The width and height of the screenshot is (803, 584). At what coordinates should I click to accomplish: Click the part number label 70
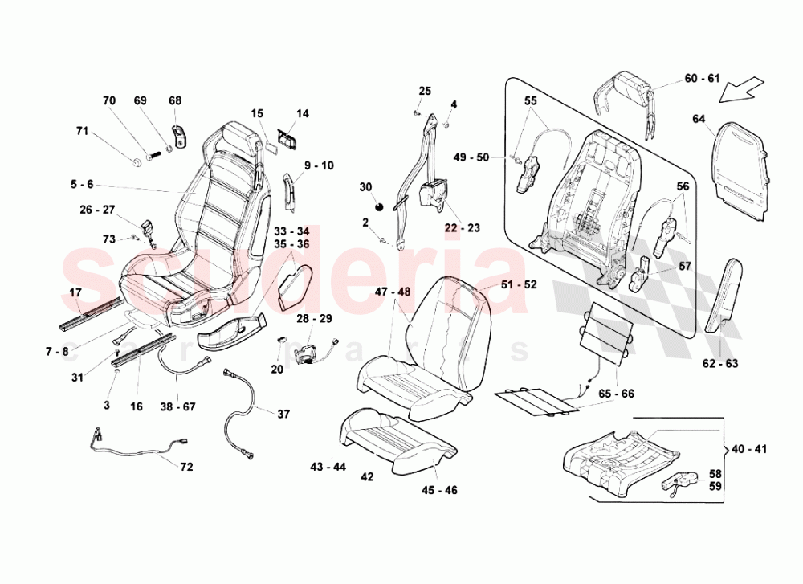[x=108, y=100]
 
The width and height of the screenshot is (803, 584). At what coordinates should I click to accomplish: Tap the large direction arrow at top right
[x=742, y=88]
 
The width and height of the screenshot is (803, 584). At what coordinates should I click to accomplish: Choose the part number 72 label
[x=186, y=466]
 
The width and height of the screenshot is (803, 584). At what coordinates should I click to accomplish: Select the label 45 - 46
[x=440, y=490]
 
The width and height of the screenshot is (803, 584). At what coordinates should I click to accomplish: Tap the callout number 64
[x=699, y=120]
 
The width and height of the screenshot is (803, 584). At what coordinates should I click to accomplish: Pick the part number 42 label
[x=367, y=476]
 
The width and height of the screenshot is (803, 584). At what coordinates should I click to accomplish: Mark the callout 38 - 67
[x=177, y=406]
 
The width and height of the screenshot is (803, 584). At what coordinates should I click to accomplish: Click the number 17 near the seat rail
[x=76, y=292]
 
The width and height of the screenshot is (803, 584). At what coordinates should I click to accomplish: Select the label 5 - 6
[x=81, y=184]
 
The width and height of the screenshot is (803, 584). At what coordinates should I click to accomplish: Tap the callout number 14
[x=302, y=114]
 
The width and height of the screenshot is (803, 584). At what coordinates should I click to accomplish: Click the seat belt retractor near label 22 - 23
[x=434, y=195]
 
